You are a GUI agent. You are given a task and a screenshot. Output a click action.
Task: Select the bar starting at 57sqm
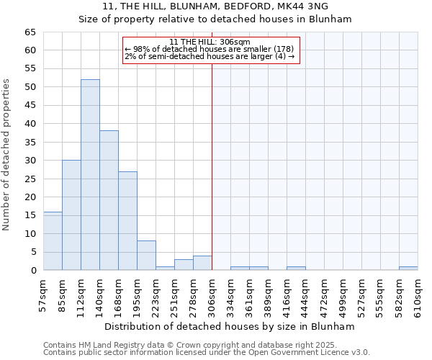tap(53, 241)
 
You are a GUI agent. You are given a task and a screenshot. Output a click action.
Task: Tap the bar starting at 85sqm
tap(71, 215)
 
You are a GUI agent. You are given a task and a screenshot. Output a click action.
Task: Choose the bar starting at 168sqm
tap(127, 220)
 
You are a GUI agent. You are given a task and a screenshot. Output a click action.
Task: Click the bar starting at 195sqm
tap(146, 256)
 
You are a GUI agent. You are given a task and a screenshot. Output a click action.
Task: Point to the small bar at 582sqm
tap(408, 269)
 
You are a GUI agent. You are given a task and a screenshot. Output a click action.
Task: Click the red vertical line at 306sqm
tap(212, 166)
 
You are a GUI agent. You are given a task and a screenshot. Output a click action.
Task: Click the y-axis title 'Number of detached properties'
tap(7, 155)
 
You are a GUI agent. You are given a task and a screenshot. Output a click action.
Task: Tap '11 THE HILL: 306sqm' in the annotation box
tap(210, 42)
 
